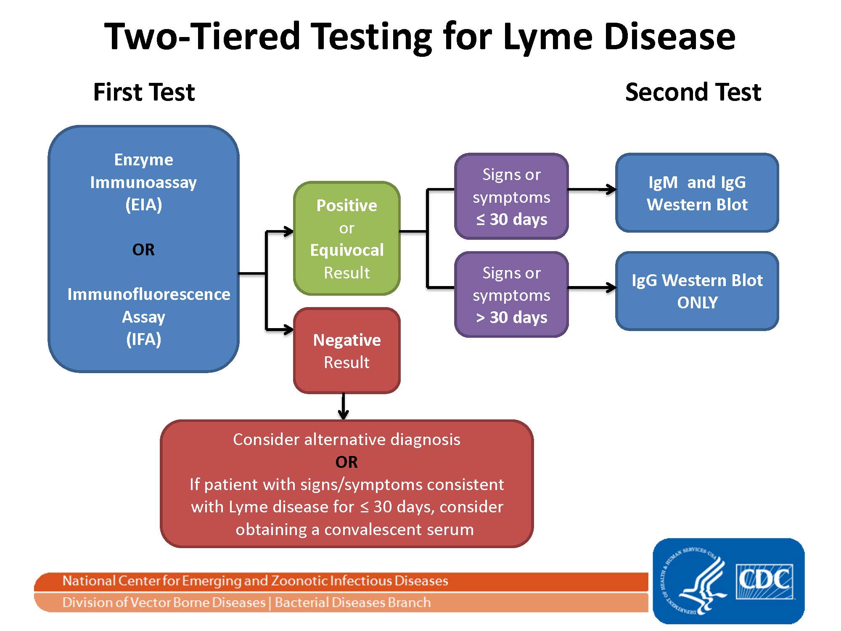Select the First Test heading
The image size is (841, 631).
(x=144, y=92)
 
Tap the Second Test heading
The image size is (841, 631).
(x=693, y=92)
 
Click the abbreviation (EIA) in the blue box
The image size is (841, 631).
(x=143, y=205)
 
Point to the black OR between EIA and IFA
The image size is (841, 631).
(x=143, y=250)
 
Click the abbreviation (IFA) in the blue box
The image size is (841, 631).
(x=143, y=339)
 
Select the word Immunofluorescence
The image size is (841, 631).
(x=148, y=294)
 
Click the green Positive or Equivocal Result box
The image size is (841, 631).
(x=346, y=239)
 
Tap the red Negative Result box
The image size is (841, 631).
(x=346, y=351)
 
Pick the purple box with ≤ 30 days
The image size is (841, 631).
(x=511, y=197)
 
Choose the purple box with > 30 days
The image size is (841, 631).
(x=511, y=295)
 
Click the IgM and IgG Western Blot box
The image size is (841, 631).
(x=697, y=193)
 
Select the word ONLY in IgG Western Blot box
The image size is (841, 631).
(x=697, y=303)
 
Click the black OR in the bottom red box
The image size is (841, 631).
(x=346, y=462)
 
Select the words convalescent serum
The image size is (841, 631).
(x=399, y=529)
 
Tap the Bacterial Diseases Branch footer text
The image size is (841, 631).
(x=352, y=602)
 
